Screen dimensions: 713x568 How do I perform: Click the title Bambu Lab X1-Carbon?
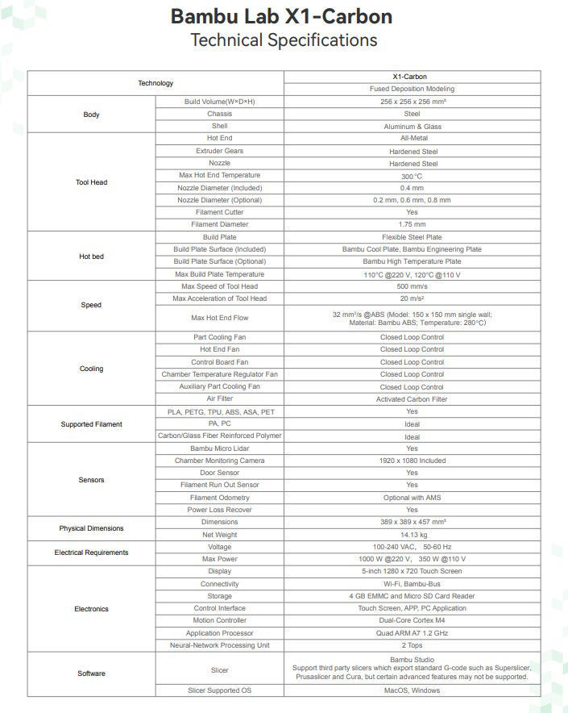(x=283, y=17)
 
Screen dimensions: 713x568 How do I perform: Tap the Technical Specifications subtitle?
(x=283, y=40)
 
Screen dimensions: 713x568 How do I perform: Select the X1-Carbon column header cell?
(x=412, y=77)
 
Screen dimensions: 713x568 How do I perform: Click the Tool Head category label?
(x=91, y=182)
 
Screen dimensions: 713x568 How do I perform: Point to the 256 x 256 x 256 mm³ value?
(x=412, y=102)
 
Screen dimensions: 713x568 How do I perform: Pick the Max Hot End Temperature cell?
(x=219, y=175)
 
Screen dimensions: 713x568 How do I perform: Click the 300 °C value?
(x=412, y=175)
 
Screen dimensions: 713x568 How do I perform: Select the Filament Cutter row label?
(x=219, y=212)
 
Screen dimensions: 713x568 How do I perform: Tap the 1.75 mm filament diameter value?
(x=412, y=224)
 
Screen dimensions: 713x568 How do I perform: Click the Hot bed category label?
(x=91, y=256)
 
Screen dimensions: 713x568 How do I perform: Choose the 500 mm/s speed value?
(x=412, y=286)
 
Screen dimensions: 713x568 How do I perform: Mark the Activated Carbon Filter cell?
(x=412, y=399)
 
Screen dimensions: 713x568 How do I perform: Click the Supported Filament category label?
(x=91, y=424)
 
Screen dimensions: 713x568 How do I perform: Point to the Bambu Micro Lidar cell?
(x=219, y=448)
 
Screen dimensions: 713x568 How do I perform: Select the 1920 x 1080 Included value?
(x=412, y=461)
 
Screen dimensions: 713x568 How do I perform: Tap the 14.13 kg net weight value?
(x=412, y=535)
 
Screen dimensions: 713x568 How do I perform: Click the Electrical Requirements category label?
(x=91, y=552)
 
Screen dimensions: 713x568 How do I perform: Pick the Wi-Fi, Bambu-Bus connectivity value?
(x=412, y=584)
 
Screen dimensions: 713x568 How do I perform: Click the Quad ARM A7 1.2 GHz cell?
(x=412, y=633)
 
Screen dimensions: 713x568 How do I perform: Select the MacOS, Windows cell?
(x=412, y=690)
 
